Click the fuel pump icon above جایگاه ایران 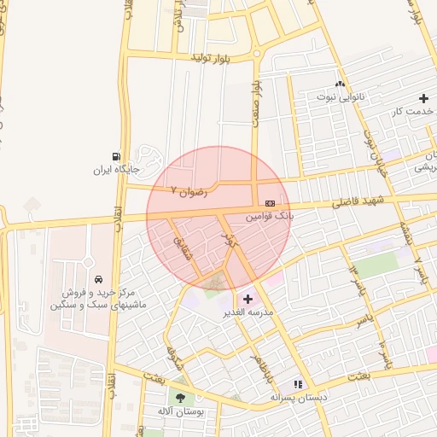point(115,155)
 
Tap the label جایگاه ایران point(115,170)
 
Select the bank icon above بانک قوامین point(270,203)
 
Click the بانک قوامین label point(270,218)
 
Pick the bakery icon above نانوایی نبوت point(341,84)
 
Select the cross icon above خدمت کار point(423,98)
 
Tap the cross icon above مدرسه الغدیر point(248,299)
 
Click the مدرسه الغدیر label point(248,312)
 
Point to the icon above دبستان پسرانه point(298,384)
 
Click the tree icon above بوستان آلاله point(179,397)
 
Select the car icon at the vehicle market point(100,278)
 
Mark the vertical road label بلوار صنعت point(254,107)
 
